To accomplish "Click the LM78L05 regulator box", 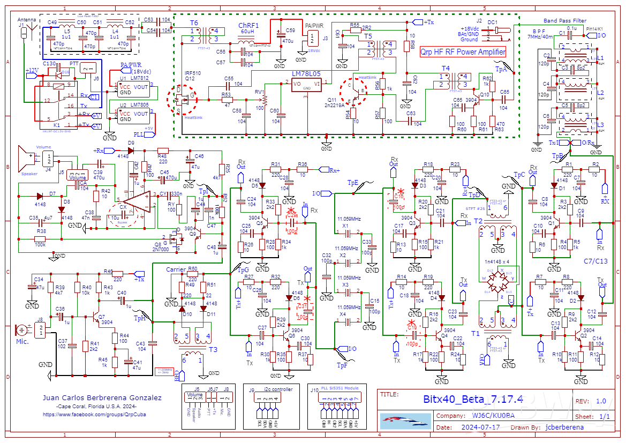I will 306,84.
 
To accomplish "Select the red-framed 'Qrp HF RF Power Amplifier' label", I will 463,52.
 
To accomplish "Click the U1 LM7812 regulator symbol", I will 133,88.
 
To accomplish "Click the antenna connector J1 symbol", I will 23,33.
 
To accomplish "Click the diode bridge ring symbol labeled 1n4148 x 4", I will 497,279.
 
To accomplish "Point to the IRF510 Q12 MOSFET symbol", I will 182,99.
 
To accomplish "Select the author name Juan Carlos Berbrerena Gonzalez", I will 102,398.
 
